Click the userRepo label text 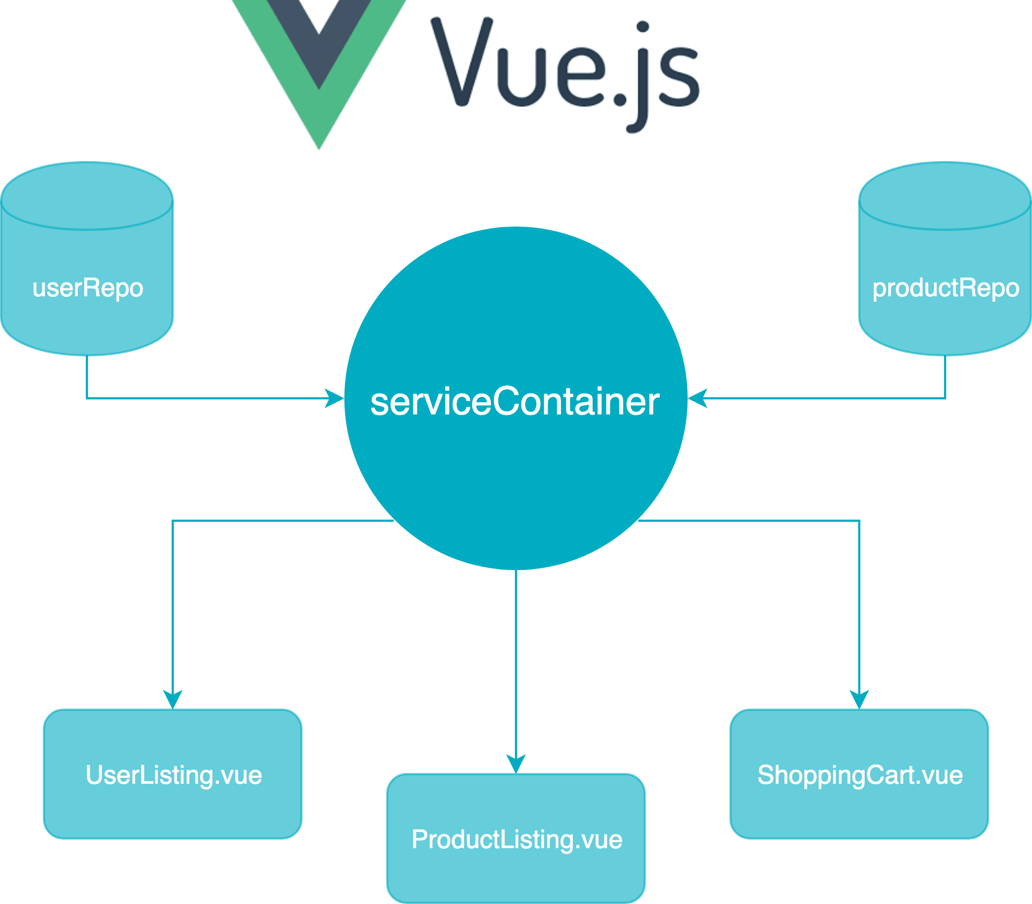coord(88,288)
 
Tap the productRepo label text coord(945,288)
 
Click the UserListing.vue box coord(173,774)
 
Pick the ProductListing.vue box coord(516,839)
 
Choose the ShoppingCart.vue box coord(859,774)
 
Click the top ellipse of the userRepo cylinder coord(87,196)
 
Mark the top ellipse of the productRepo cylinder coord(945,196)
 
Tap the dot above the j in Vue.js coord(643,27)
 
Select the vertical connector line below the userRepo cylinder coord(87,376)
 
